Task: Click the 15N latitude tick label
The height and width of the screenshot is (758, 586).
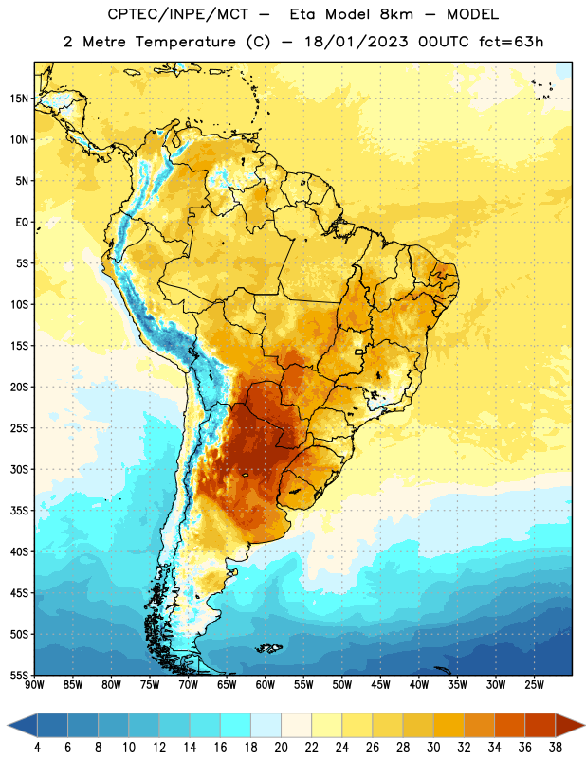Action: point(19,99)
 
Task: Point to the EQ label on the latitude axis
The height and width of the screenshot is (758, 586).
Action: point(22,223)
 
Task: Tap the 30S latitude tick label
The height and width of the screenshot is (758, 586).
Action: point(19,469)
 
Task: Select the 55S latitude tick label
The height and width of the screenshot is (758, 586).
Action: point(19,676)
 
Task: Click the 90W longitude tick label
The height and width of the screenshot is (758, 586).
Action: point(34,685)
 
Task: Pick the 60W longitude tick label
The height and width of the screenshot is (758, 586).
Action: point(266,685)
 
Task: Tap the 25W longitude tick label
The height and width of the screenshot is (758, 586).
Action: point(534,685)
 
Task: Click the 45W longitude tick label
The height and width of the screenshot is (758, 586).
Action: point(380,685)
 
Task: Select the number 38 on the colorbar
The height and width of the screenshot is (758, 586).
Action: point(556,748)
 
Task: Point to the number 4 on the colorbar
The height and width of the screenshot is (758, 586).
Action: point(37,748)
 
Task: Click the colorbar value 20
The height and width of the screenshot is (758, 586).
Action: point(281,748)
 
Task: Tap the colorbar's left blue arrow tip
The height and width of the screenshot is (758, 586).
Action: point(8,726)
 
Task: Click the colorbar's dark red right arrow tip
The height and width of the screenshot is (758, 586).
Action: point(584,726)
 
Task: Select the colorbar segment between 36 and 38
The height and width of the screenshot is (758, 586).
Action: point(540,726)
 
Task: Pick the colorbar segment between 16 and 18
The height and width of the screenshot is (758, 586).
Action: point(236,726)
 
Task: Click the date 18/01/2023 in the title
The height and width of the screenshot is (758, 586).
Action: point(357,42)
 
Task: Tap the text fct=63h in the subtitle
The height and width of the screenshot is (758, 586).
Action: point(511,42)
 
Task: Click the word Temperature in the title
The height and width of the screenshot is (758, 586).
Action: point(185,42)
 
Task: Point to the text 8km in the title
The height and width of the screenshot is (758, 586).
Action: point(396,14)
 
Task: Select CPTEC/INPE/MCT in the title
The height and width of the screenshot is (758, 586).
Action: point(177,14)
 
